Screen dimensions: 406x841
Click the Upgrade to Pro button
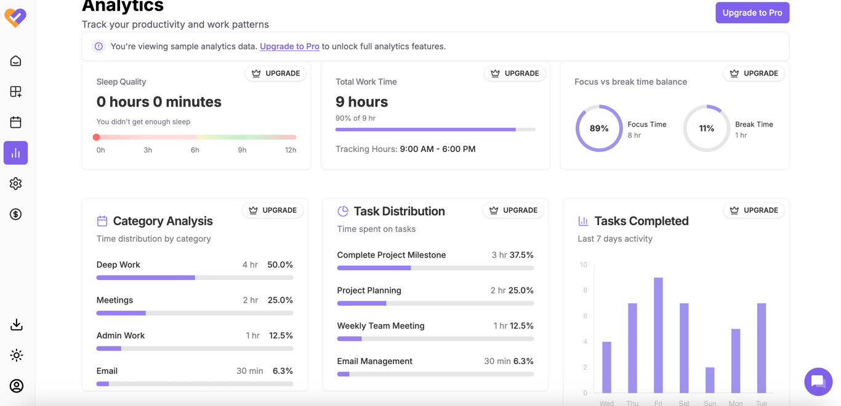click(x=752, y=13)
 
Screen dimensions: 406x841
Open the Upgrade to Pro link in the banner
click(x=289, y=46)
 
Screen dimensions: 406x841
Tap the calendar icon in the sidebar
click(x=16, y=122)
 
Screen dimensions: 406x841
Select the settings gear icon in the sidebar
click(x=16, y=183)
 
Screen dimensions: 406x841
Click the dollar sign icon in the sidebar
click(x=16, y=214)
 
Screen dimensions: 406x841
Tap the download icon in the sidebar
click(x=16, y=325)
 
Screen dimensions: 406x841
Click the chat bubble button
click(x=818, y=381)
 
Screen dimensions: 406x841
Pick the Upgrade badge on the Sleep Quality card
click(x=276, y=73)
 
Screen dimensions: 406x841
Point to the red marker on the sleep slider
click(x=97, y=137)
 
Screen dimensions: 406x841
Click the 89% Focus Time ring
click(x=599, y=128)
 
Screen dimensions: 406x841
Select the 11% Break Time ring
click(x=706, y=128)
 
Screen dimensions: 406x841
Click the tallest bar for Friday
click(x=658, y=335)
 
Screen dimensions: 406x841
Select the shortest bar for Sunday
click(x=710, y=380)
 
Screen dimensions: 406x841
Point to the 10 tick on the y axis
click(x=583, y=265)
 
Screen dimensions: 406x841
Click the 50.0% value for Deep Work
click(x=280, y=265)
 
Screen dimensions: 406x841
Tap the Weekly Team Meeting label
click(x=380, y=325)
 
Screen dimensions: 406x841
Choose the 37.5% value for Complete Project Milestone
click(x=523, y=255)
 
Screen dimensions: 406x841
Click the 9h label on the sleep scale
click(x=242, y=150)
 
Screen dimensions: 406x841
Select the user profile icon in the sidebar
click(x=16, y=386)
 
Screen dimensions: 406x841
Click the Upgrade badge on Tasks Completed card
click(x=754, y=210)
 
